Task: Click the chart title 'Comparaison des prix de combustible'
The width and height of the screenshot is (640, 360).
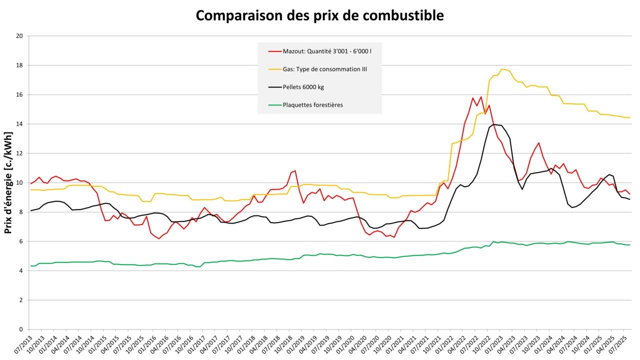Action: tap(319, 15)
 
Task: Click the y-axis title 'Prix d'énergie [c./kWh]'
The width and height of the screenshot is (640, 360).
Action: tap(8, 182)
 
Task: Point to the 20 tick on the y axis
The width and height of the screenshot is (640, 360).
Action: tap(20, 36)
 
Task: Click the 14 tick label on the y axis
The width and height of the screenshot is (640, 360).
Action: tap(20, 124)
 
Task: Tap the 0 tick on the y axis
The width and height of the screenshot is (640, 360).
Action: tap(21, 329)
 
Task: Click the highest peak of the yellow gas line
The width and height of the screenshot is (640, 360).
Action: tap(502, 69)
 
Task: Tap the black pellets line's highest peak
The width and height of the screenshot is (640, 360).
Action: tap(494, 124)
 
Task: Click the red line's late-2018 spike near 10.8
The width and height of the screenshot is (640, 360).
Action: tap(295, 171)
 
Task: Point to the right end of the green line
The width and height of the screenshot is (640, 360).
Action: tap(629, 244)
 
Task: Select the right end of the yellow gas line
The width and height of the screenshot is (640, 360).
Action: tap(629, 117)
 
